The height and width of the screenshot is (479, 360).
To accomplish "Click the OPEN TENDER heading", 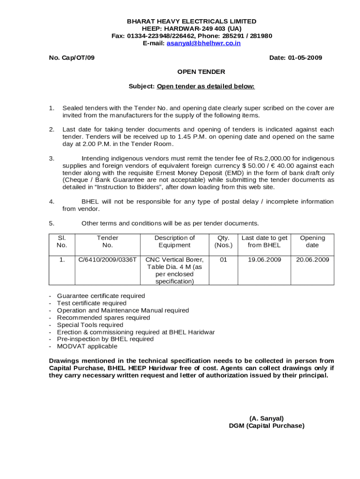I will [201, 72].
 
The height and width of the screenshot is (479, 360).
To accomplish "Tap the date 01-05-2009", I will [305, 58].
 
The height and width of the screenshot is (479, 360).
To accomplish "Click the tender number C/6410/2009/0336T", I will [108, 260].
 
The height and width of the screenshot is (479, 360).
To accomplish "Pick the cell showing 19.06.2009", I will [264, 260].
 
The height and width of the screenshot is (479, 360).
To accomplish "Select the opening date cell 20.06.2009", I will [312, 260].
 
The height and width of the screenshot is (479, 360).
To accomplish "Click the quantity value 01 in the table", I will [223, 260].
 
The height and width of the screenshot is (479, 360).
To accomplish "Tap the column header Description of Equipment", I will [174, 241].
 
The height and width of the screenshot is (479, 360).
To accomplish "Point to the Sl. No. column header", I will [62, 241].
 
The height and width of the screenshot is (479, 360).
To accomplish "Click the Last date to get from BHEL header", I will [264, 241].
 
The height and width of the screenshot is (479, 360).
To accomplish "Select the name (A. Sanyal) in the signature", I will [266, 418].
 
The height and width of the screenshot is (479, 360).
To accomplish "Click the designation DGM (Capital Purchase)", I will [266, 426].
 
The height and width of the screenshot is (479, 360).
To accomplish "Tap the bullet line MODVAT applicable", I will [87, 347].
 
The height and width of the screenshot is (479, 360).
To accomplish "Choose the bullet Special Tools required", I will [90, 325].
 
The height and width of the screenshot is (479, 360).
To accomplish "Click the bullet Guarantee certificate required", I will [101, 296].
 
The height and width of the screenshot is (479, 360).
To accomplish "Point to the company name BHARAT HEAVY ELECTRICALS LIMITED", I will [192, 22].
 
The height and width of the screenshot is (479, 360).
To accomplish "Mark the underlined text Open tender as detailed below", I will [206, 87].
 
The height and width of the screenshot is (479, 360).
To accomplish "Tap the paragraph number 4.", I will [51, 202].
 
